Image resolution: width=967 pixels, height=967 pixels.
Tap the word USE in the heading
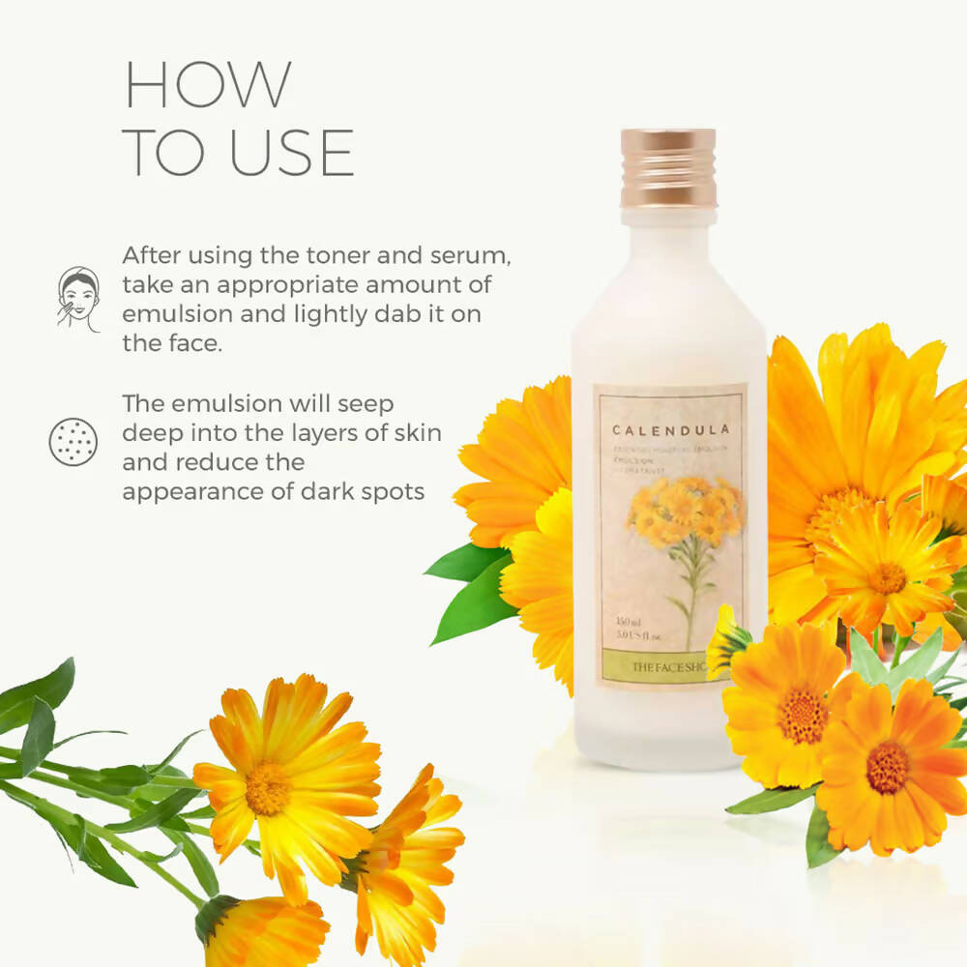click(x=291, y=152)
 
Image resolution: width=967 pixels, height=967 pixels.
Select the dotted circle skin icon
click(x=73, y=442)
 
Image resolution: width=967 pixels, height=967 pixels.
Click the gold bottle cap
click(x=669, y=167)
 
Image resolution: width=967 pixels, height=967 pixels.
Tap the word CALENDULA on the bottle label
click(x=670, y=429)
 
